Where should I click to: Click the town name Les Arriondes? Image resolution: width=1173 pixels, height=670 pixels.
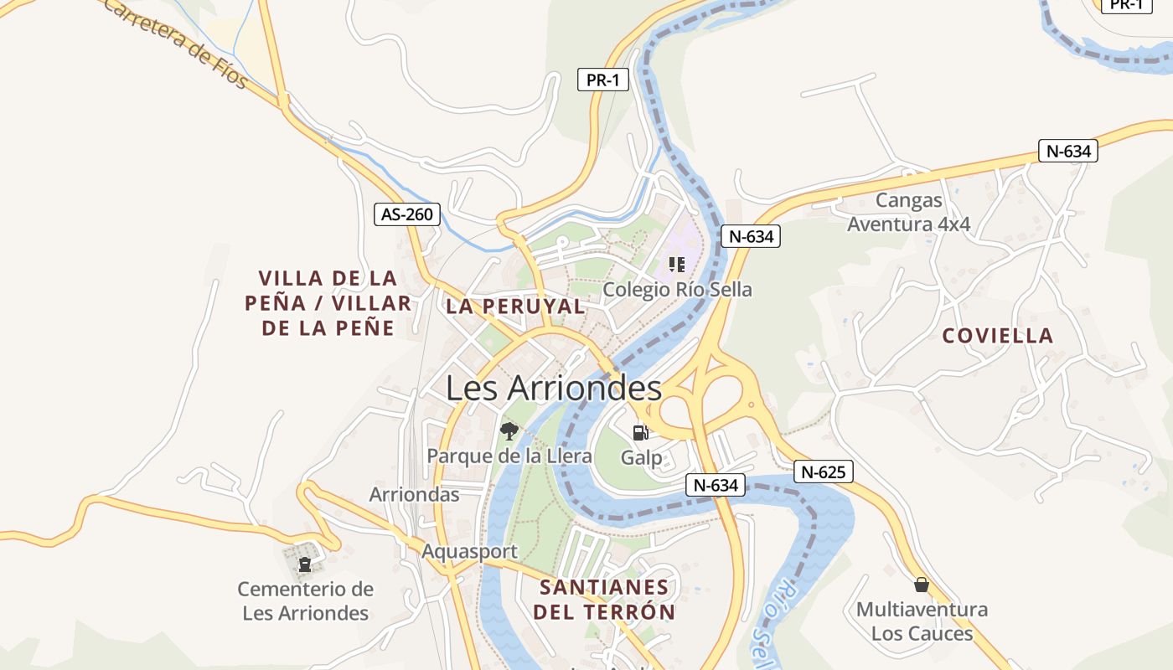click(554, 389)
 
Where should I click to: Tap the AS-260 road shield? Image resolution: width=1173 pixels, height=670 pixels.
click(406, 214)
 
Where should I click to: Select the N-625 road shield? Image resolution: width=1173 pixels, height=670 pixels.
click(823, 472)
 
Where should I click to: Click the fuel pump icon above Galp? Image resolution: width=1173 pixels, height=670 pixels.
click(641, 432)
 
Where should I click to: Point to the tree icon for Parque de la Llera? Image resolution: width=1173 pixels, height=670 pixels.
click(509, 431)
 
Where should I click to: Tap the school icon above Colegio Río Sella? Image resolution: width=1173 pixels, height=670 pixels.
click(677, 265)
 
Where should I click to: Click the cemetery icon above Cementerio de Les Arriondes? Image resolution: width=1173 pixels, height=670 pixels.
click(305, 564)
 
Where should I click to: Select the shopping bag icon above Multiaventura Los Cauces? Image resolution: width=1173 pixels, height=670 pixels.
click(922, 585)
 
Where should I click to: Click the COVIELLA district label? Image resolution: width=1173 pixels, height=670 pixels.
click(997, 336)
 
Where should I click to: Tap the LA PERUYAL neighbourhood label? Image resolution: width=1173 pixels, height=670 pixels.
click(515, 307)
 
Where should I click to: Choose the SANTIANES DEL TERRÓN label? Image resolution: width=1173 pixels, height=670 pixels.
click(604, 599)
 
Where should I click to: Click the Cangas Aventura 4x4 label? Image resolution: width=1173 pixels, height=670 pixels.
click(909, 213)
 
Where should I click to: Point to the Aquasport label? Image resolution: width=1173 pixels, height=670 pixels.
click(469, 552)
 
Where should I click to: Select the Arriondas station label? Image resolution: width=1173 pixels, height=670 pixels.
click(415, 494)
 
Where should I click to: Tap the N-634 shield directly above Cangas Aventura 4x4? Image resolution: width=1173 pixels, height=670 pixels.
click(1067, 151)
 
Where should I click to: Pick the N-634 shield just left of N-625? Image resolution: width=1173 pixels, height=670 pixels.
click(716, 485)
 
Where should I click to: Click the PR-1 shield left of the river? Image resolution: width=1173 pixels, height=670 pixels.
click(603, 80)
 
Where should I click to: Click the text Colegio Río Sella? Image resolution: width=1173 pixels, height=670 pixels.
click(678, 290)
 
